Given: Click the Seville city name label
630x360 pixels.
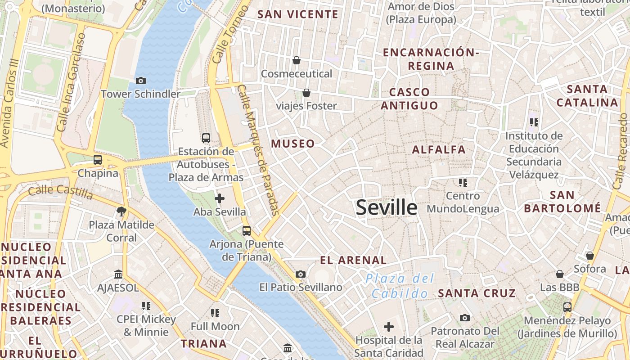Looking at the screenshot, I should click(x=387, y=207).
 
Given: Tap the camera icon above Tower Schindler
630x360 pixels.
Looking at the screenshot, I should click(x=141, y=81).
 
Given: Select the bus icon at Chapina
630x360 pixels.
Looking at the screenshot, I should click(x=98, y=160).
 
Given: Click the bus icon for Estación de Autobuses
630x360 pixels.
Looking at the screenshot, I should click(x=206, y=138).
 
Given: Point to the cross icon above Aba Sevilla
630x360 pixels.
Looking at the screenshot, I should click(x=220, y=198).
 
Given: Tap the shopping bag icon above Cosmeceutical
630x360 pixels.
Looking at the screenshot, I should click(x=297, y=60).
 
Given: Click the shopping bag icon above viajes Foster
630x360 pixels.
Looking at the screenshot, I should click(x=306, y=93).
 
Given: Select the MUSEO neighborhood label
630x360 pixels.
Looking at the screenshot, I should click(x=293, y=144).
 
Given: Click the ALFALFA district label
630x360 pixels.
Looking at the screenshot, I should click(x=439, y=150).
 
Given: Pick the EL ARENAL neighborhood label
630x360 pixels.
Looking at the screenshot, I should click(x=353, y=260).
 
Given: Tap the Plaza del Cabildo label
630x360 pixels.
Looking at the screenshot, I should click(x=400, y=286).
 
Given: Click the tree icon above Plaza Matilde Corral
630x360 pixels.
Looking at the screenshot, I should click(x=121, y=211).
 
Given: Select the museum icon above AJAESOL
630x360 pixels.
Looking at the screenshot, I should click(x=118, y=274).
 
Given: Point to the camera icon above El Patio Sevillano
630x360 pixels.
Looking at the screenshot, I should click(x=301, y=274).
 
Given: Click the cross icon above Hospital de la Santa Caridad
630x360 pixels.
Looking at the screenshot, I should click(x=389, y=327).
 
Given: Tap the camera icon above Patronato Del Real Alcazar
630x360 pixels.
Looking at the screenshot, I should click(x=465, y=318).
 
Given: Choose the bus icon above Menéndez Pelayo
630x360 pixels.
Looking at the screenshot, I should click(x=567, y=307).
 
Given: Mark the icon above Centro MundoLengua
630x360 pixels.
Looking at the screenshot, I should click(x=463, y=183).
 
